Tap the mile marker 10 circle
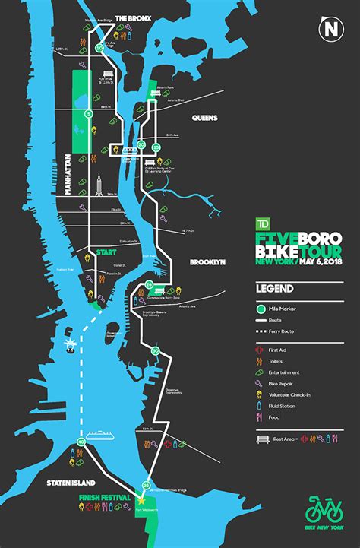(99, 48)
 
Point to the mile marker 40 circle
(81, 442)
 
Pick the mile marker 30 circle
(155, 350)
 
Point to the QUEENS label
(205, 118)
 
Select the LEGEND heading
(271, 290)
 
